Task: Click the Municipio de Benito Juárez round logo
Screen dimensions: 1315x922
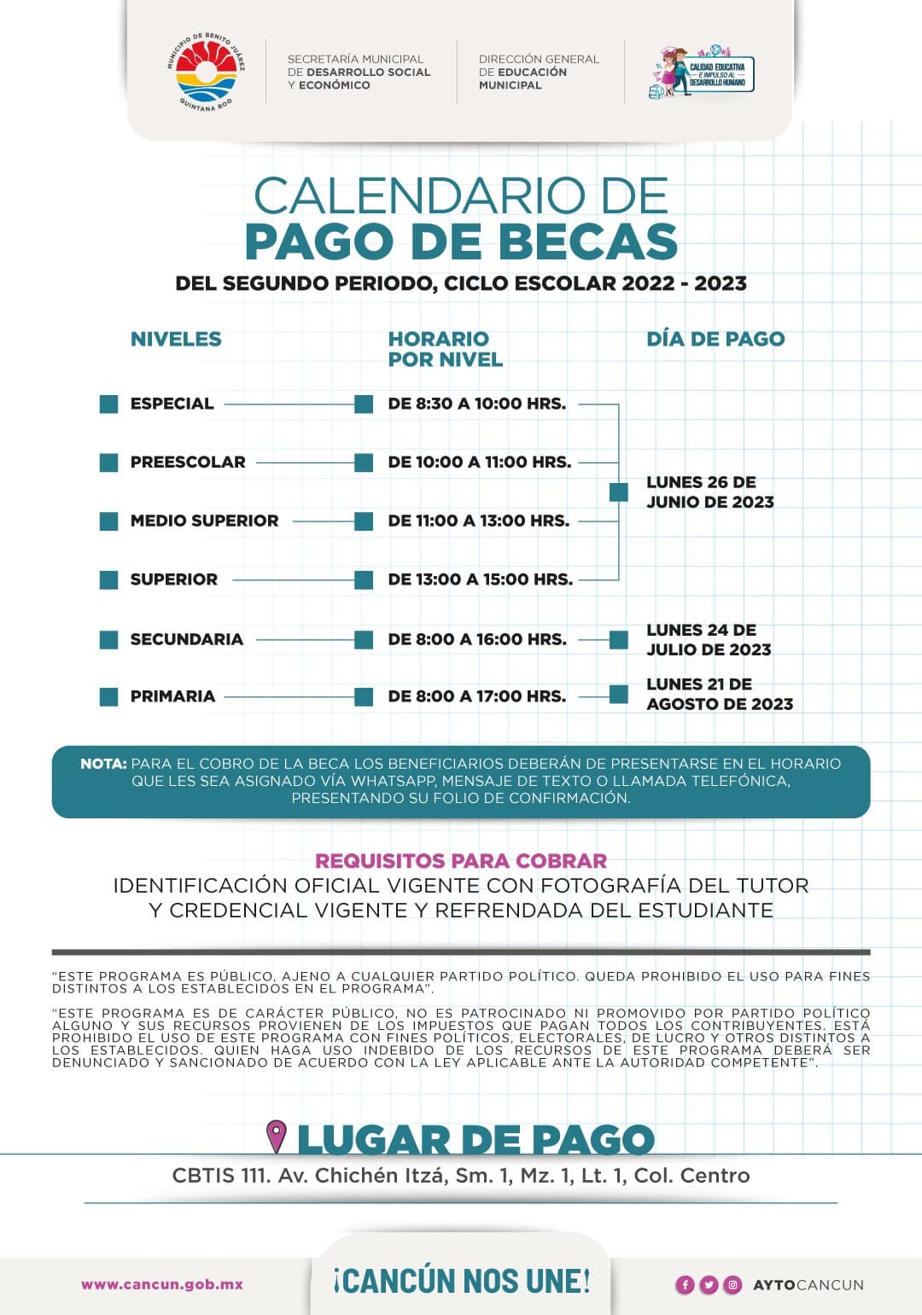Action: [205, 72]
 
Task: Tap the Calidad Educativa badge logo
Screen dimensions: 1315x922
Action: [702, 72]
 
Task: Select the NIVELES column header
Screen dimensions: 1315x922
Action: [176, 339]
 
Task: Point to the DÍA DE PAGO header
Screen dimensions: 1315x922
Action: [715, 339]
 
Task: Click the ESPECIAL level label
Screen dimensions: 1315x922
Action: [172, 404]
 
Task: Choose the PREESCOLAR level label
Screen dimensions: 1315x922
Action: [188, 462]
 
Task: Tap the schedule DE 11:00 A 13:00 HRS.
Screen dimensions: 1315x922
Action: [478, 521]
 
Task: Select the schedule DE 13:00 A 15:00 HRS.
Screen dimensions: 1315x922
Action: [480, 579]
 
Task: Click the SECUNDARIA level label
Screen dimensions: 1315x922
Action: [186, 639]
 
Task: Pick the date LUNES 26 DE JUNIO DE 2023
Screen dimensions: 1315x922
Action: [709, 492]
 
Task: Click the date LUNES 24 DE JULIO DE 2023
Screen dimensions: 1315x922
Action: [709, 640]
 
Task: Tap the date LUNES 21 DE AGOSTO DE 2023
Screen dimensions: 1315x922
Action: [719, 694]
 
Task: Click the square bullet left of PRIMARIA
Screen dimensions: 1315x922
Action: [109, 696]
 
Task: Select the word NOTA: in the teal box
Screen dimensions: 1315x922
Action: [103, 764]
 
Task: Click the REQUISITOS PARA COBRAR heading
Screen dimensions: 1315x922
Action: [461, 861]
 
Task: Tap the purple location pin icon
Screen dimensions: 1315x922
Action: [276, 1137]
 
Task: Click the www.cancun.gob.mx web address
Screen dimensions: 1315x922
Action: [162, 1284]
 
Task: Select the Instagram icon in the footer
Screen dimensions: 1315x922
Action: [732, 1285]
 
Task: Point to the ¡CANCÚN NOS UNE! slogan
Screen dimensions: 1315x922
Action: [462, 1281]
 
